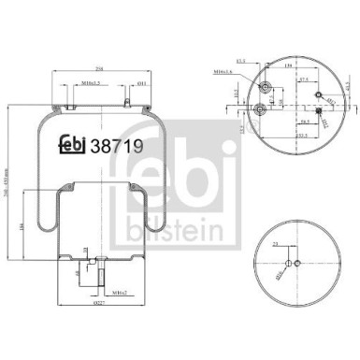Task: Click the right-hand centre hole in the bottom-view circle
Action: (x=296, y=262)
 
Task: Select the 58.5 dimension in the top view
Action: (x=305, y=122)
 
